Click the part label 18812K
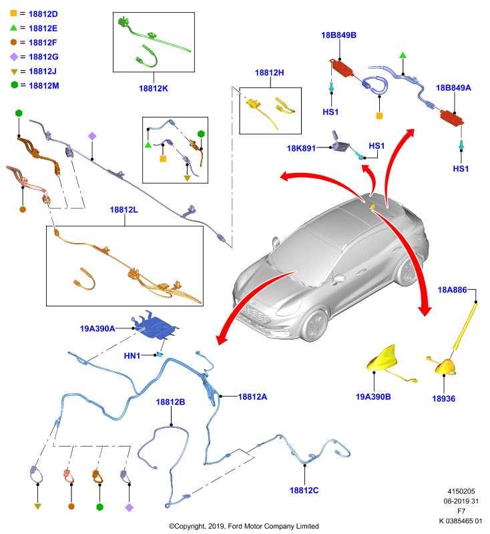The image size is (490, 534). tap(154, 89)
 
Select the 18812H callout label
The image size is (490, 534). tap(269, 73)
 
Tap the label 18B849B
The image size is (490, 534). tap(339, 35)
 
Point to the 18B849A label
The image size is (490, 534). tap(453, 88)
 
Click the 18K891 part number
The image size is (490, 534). tap(301, 148)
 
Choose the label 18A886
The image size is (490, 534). tap(452, 290)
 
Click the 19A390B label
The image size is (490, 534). tap(373, 397)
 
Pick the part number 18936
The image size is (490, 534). tap(444, 398)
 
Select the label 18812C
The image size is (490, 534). tap(304, 491)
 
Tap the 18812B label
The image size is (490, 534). tap(170, 403)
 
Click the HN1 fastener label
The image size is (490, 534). tap(132, 356)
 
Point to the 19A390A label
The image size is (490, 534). tap(97, 328)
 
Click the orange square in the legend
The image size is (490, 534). tap(13, 13)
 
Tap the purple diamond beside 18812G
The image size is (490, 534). tap(14, 57)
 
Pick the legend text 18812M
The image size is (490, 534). tap(44, 86)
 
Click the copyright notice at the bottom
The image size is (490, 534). tap(244, 526)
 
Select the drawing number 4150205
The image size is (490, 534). tap(461, 491)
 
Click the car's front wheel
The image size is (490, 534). tap(314, 326)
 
